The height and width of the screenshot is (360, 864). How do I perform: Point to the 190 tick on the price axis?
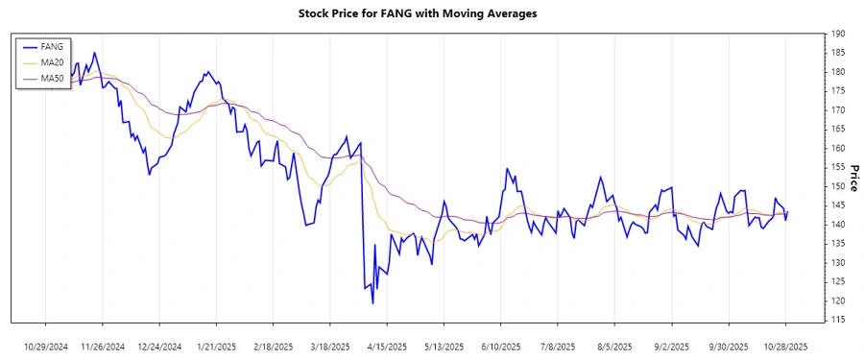(839, 34)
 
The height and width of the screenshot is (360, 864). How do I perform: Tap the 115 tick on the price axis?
(839, 320)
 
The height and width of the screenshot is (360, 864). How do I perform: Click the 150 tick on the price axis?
(839, 186)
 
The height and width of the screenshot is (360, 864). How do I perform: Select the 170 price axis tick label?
(839, 110)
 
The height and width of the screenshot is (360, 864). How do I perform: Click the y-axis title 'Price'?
(853, 177)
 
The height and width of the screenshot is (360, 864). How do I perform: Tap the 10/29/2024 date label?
(46, 346)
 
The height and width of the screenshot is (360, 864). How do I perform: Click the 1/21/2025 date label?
(217, 346)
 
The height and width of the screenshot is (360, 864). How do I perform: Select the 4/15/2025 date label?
(388, 346)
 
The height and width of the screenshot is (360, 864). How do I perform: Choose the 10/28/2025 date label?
(785, 346)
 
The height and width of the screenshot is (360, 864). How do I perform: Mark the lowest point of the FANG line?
(372, 303)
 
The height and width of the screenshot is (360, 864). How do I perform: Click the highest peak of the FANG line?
(94, 53)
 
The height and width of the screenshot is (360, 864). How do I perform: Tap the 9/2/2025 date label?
(672, 346)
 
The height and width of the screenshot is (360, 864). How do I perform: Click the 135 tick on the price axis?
(839, 262)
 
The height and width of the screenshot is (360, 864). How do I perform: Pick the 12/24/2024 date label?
(159, 346)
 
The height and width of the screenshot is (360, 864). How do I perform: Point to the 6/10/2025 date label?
(501, 346)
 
